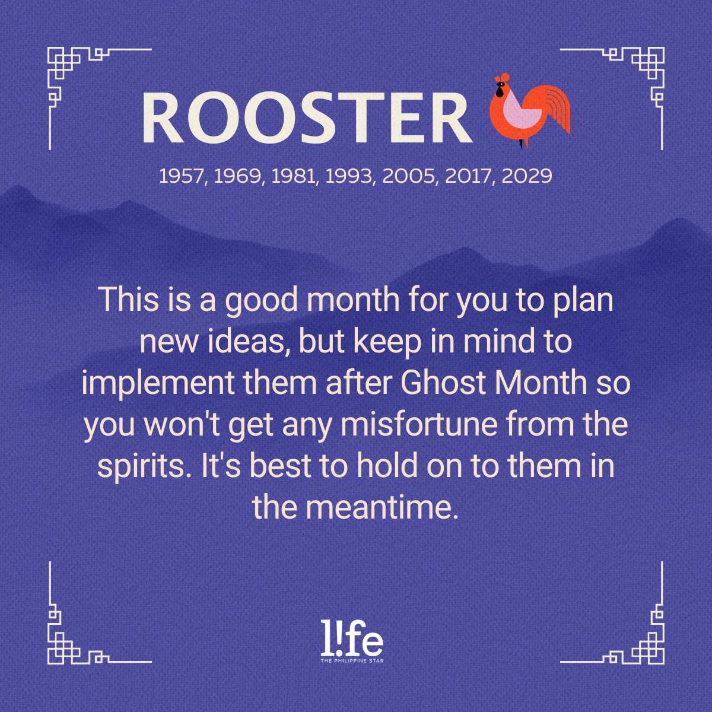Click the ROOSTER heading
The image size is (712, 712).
point(307,117)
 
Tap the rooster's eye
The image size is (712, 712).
point(501,85)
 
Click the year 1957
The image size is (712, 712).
point(181,176)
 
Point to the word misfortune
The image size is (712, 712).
point(419,424)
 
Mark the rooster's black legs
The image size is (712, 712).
point(522,144)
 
